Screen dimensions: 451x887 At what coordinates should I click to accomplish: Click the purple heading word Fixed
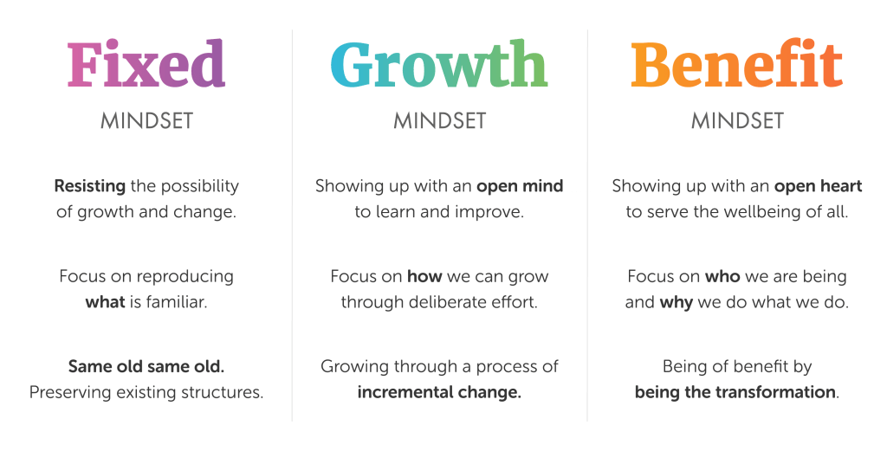pyautogui.click(x=146, y=65)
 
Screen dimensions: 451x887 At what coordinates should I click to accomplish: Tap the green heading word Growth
pyautogui.click(x=438, y=65)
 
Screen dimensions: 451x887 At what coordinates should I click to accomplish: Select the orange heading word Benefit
pyautogui.click(x=736, y=65)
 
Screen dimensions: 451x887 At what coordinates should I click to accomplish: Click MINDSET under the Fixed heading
pyautogui.click(x=146, y=121)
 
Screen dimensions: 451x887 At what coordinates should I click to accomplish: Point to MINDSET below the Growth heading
pyautogui.click(x=439, y=121)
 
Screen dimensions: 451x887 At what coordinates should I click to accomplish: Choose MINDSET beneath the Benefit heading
pyautogui.click(x=737, y=121)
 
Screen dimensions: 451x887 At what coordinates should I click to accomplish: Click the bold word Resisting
pyautogui.click(x=91, y=186)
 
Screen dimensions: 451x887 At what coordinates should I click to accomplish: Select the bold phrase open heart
pyautogui.click(x=818, y=186)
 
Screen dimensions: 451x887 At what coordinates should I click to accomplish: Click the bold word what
pyautogui.click(x=105, y=302)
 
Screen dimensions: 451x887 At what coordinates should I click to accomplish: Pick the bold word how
pyautogui.click(x=424, y=277)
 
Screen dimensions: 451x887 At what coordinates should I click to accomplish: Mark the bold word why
pyautogui.click(x=676, y=302)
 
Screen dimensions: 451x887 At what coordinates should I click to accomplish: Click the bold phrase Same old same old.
pyautogui.click(x=146, y=366)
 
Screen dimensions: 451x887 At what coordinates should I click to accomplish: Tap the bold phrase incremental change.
pyautogui.click(x=439, y=392)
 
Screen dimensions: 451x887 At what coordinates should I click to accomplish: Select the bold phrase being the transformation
pyautogui.click(x=735, y=392)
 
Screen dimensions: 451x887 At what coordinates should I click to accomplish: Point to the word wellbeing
pyautogui.click(x=766, y=211)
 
